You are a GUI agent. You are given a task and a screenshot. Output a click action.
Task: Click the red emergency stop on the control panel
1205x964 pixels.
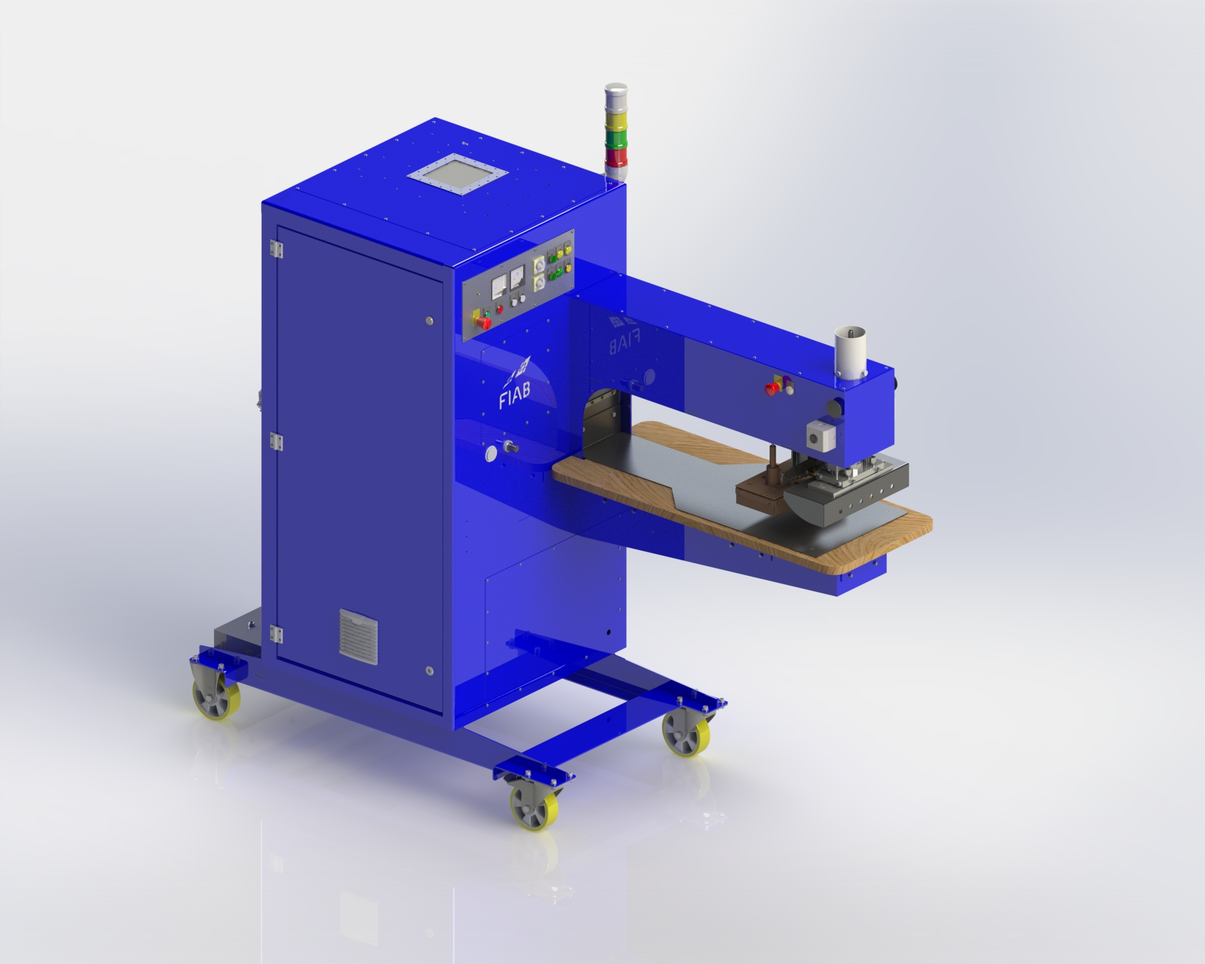click(x=485, y=322)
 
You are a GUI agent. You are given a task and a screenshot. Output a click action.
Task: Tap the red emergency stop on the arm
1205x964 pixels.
click(x=770, y=388)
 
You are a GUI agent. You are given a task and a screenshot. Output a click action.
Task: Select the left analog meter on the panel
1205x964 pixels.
click(x=500, y=286)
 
